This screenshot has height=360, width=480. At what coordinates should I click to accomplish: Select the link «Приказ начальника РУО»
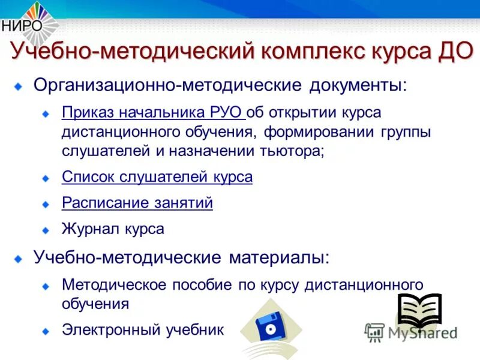pyautogui.click(x=152, y=113)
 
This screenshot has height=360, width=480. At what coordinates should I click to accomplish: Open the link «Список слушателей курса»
pyautogui.click(x=157, y=177)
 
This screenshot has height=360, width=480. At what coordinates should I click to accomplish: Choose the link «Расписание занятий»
pyautogui.click(x=137, y=203)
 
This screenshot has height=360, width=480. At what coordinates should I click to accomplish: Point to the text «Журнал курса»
pyautogui.click(x=113, y=229)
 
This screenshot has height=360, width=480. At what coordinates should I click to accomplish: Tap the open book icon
pyautogui.click(x=419, y=308)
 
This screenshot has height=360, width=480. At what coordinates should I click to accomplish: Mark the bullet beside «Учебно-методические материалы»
pyautogui.click(x=20, y=259)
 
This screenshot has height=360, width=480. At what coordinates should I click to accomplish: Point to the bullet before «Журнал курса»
pyautogui.click(x=46, y=230)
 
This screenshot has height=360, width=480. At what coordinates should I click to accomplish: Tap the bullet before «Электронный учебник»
pyautogui.click(x=46, y=331)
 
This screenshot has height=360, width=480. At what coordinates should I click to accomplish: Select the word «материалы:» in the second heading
pyautogui.click(x=280, y=258)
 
